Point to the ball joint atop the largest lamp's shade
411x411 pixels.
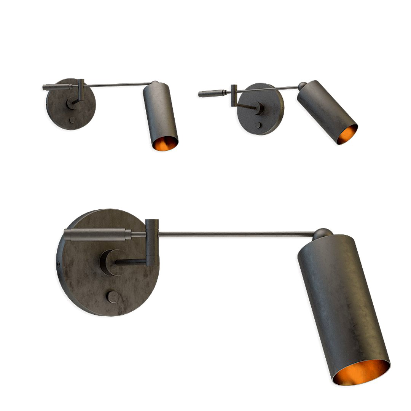323,233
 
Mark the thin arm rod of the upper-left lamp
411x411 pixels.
118,84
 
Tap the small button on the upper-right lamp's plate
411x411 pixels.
258,125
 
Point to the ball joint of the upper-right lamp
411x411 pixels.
302,86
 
